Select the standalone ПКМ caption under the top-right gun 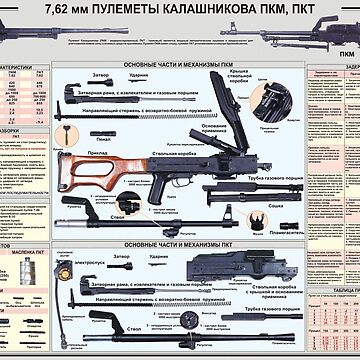pos(345,53)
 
